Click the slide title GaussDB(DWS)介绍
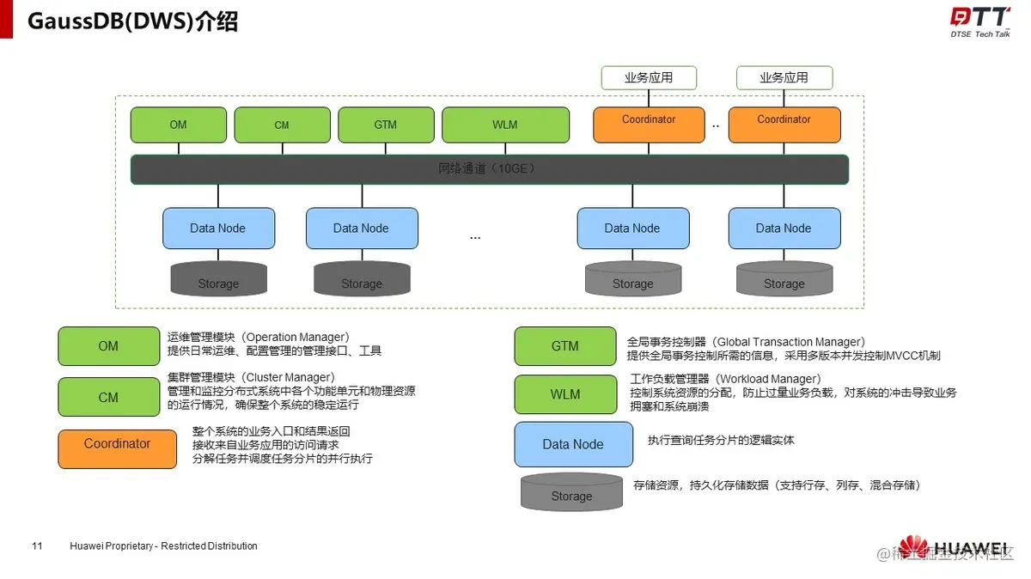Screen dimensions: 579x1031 click(133, 21)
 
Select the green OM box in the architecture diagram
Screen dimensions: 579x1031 click(178, 125)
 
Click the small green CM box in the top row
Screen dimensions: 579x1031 click(282, 125)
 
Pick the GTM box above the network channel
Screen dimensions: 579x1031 click(386, 125)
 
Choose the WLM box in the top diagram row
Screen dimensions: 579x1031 click(505, 125)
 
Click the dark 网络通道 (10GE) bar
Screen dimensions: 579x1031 click(489, 169)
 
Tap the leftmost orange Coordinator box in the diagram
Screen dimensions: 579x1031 click(649, 125)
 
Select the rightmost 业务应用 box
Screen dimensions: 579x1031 click(784, 77)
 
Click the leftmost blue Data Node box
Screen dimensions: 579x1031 click(218, 229)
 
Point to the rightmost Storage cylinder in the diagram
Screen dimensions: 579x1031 click(784, 279)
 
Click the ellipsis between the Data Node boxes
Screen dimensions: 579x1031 click(475, 236)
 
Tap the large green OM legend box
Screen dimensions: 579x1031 click(108, 346)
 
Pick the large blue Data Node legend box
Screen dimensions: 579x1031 click(573, 444)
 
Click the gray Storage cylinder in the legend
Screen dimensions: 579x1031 click(571, 492)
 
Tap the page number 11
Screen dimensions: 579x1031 click(37, 546)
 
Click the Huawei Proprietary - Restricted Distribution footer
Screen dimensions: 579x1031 click(163, 546)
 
